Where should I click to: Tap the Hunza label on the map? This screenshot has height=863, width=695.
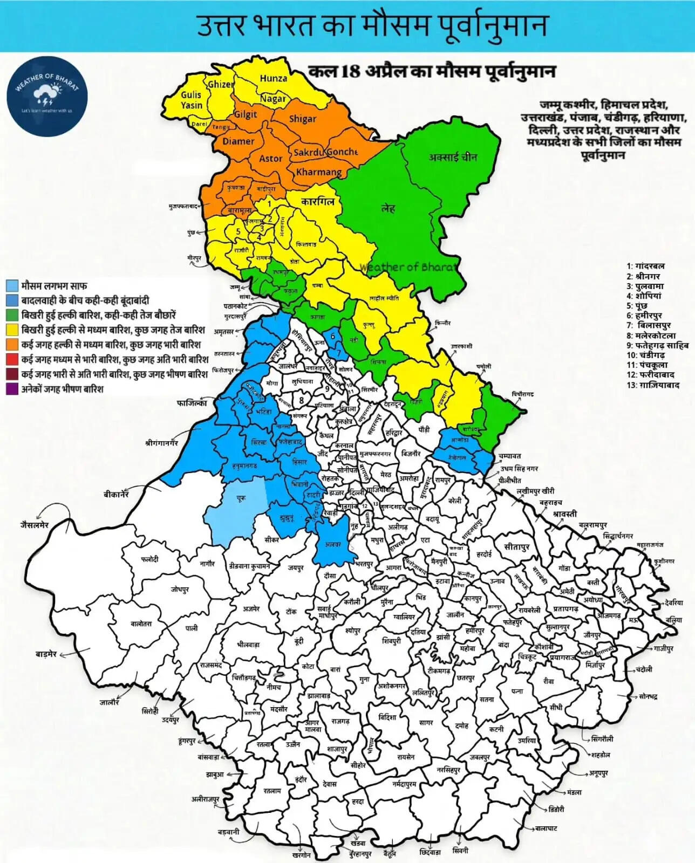point(274,78)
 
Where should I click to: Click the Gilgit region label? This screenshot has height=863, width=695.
point(246,114)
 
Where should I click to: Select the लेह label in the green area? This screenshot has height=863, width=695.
point(387,208)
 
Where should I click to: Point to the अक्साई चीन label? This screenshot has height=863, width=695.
point(453,157)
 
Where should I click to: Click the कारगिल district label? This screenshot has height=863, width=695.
point(318,202)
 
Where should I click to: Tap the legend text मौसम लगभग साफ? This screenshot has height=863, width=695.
point(54,286)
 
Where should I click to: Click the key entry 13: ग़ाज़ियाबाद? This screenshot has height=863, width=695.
point(653,385)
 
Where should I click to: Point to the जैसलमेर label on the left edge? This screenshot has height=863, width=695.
point(35,525)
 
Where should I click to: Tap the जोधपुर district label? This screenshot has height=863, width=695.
point(180,590)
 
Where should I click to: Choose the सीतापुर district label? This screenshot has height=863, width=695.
point(517,547)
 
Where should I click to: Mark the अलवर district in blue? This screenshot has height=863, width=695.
point(334,545)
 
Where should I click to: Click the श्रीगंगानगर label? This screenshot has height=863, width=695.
point(161,443)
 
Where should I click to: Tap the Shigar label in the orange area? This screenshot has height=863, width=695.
point(303,119)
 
